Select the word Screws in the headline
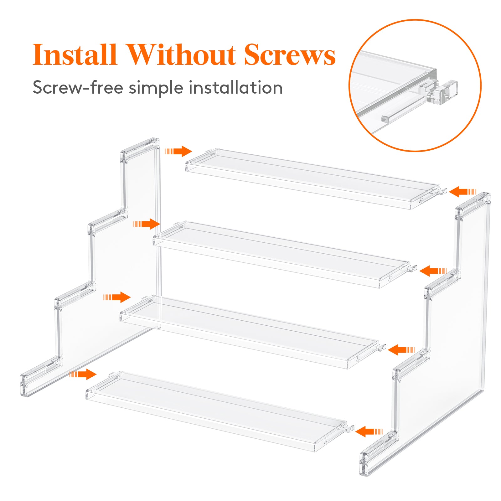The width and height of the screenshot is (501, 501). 290,55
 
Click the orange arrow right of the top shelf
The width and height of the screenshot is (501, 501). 462,191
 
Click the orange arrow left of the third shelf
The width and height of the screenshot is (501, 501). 118,297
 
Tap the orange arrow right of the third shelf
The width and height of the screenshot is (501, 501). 401,350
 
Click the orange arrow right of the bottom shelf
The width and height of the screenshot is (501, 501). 368,431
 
